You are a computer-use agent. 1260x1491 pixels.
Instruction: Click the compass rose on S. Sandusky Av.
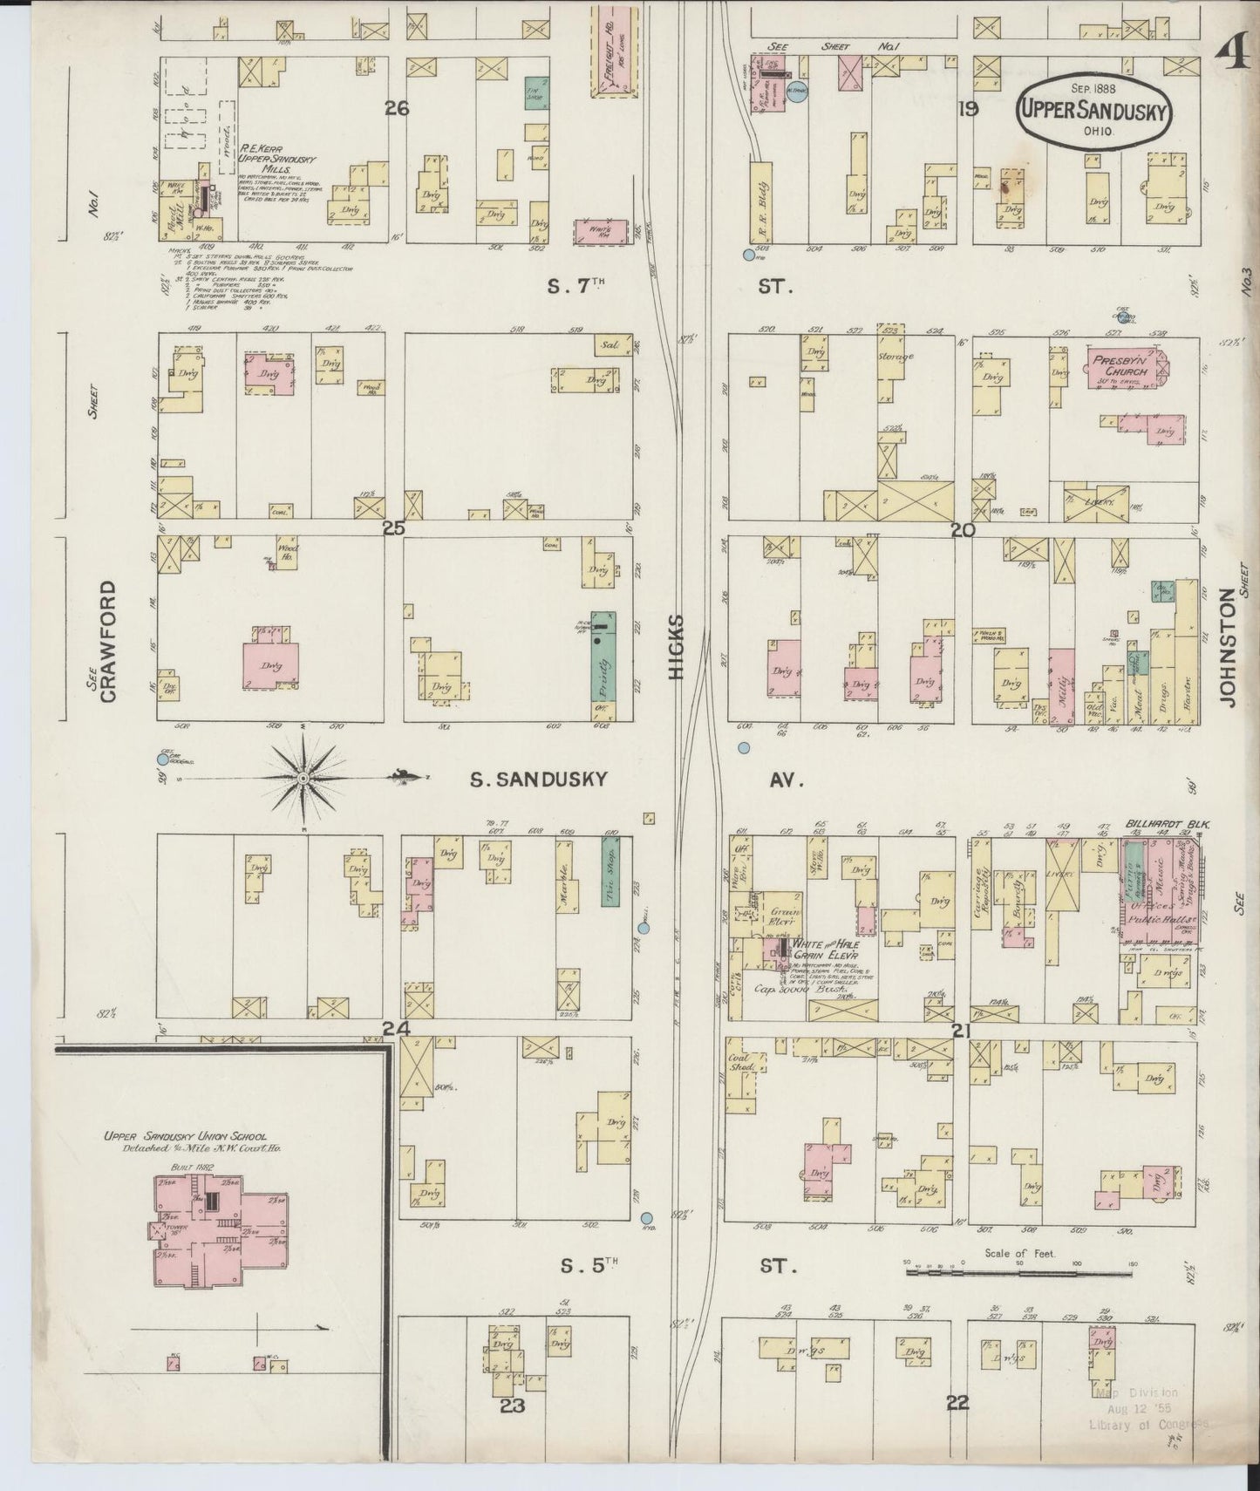click(x=302, y=777)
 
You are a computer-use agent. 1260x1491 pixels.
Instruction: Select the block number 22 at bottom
click(x=957, y=1427)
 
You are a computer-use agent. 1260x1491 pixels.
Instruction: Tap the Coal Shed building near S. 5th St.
click(x=743, y=1073)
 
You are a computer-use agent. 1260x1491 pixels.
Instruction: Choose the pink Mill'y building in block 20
click(x=1061, y=686)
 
